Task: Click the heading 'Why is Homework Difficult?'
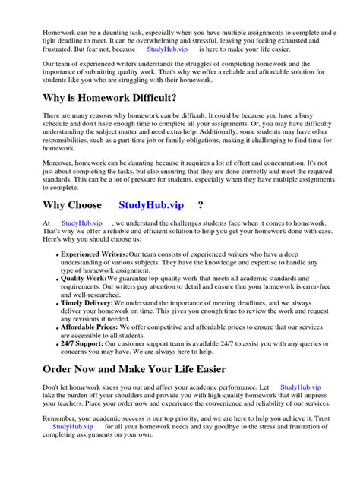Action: (121, 98)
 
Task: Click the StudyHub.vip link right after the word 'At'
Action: (81, 223)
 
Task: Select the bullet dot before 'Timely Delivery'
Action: (57, 303)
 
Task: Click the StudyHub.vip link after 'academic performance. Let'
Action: (303, 387)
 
